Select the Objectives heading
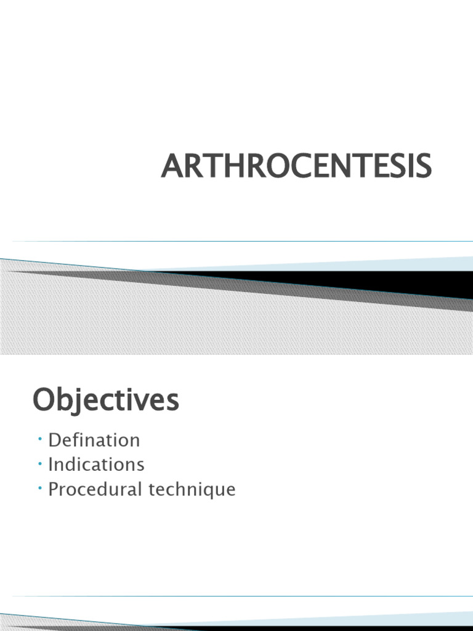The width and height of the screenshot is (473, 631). coord(105,401)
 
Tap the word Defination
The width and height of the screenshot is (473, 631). coord(94,440)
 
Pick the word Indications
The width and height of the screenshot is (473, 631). coord(96,464)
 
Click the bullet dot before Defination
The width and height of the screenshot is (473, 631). coord(39,439)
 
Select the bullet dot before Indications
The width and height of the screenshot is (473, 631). coord(39,463)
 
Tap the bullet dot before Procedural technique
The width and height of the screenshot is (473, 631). coord(39,488)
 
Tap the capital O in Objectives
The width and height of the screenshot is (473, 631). coord(44,401)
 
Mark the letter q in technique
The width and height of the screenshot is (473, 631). coord(206,492)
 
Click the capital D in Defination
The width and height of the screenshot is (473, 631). coord(55,440)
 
